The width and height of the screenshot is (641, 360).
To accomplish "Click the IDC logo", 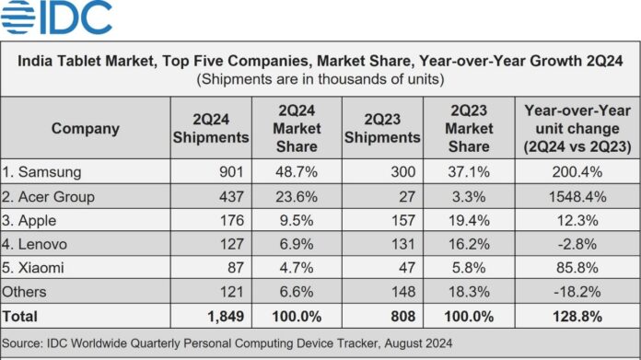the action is [x=56, y=17].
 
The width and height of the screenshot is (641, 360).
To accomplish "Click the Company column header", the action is [x=86, y=128].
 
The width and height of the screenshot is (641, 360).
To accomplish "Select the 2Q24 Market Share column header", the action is [x=297, y=128].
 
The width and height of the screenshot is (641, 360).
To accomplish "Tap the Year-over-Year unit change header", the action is [x=577, y=128].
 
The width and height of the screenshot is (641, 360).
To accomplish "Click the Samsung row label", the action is [x=41, y=172].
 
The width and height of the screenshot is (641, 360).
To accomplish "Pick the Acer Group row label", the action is [x=48, y=196].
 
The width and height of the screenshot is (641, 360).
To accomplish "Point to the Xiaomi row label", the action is [x=33, y=268].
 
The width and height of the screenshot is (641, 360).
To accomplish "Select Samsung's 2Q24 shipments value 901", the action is [x=231, y=171].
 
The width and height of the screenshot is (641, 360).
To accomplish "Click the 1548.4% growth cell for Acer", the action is [x=577, y=196].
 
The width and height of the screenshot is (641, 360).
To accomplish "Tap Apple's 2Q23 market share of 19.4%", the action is [x=469, y=220].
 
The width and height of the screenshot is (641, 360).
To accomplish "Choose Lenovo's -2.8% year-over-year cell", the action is [x=577, y=244].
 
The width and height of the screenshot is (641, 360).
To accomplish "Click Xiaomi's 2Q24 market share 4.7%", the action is [x=297, y=268].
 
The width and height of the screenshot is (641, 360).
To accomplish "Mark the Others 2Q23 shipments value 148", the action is [x=403, y=292].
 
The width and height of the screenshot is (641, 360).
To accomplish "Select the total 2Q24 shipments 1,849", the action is [x=226, y=317].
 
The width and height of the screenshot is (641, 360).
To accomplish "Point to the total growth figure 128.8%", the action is [x=577, y=317].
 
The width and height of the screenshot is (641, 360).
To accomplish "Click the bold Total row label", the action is [x=19, y=317].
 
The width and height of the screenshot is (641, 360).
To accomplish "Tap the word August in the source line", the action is [x=402, y=343].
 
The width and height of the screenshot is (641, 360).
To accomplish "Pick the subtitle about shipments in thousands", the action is [x=320, y=79].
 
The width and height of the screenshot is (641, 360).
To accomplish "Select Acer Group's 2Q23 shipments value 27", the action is [x=407, y=196].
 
